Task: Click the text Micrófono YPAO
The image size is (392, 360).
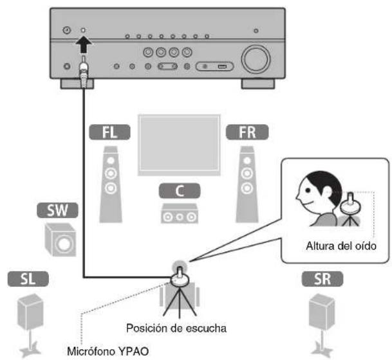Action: [100, 351]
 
